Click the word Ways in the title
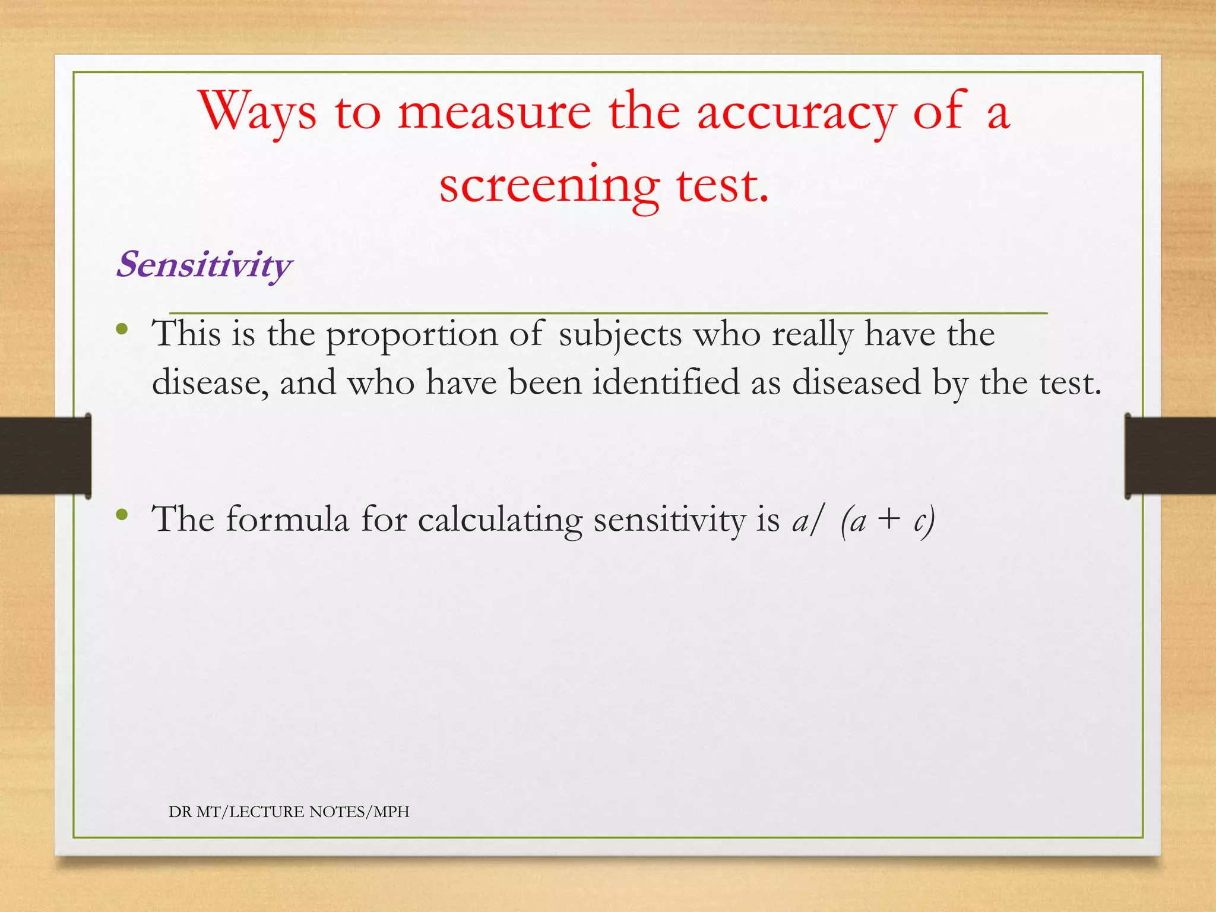point(257,112)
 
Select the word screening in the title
point(549,185)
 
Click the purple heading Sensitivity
point(204,264)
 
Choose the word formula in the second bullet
point(287,520)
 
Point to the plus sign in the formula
point(889,520)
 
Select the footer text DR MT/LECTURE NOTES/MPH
point(289,812)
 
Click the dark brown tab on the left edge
point(45,455)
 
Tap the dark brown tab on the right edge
point(1170,455)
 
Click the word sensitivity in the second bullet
point(669,520)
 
